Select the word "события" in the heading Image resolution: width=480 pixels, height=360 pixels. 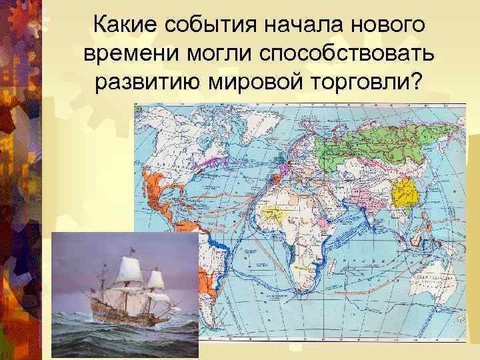coord(211,25)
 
